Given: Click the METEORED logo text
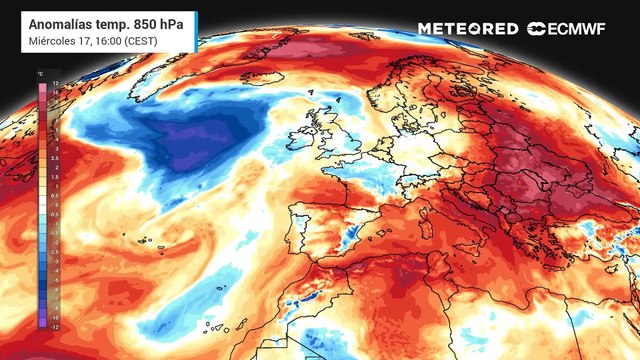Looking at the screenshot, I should coord(467,28).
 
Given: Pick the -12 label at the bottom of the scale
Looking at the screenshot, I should coord(56,326).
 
